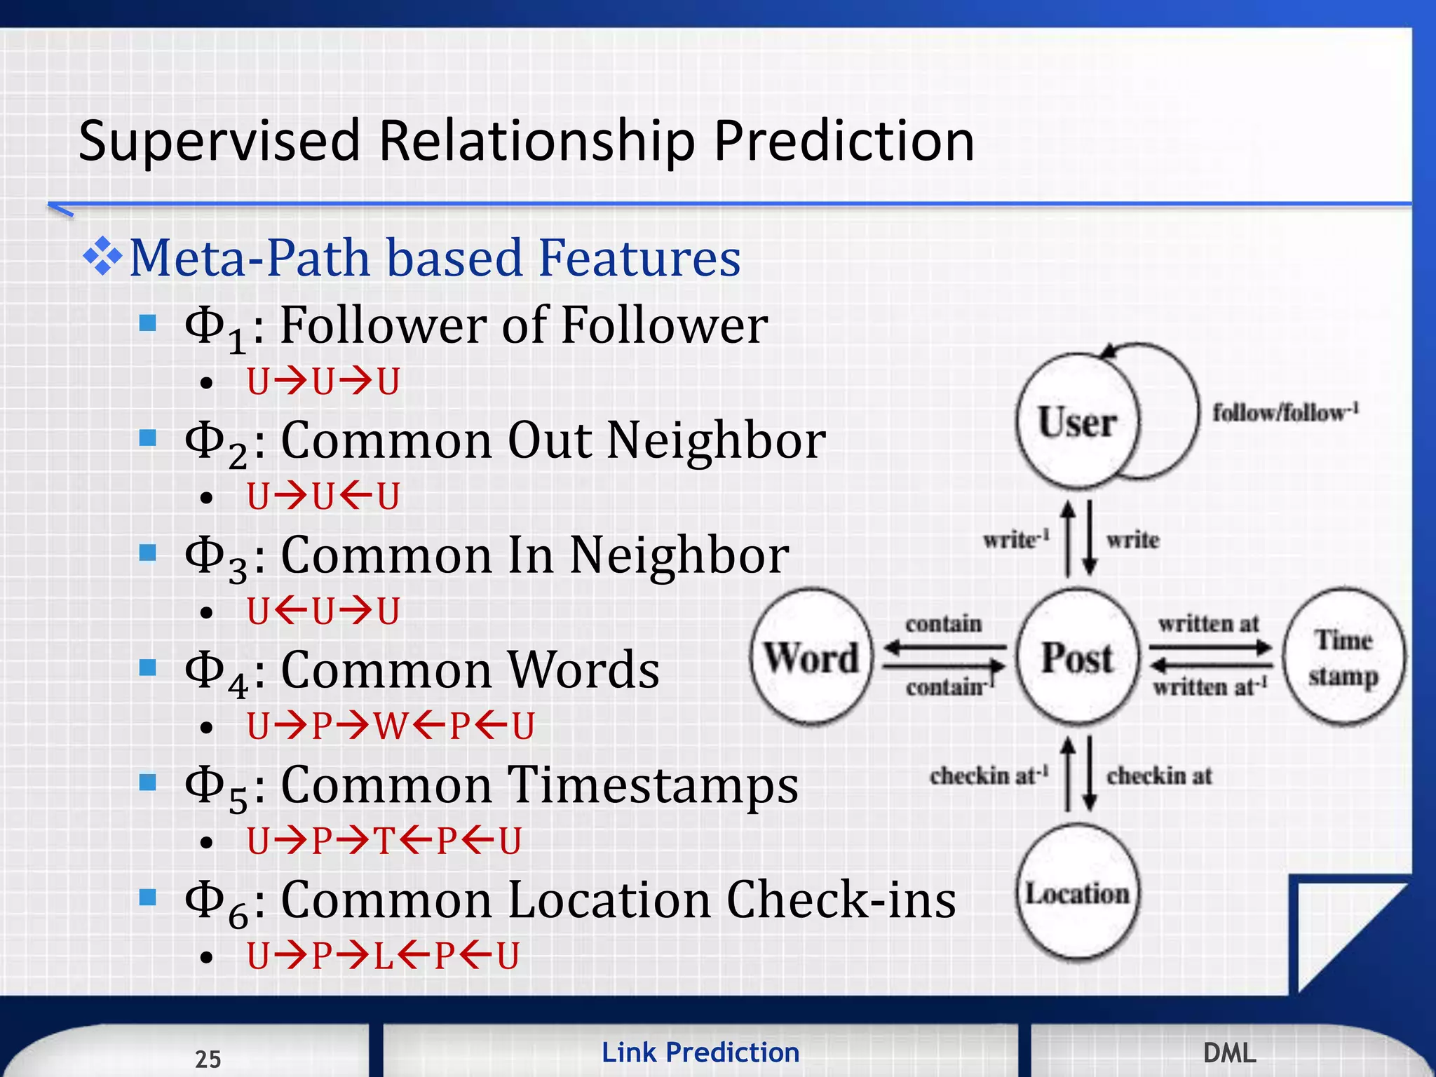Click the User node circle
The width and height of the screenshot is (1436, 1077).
tap(1078, 421)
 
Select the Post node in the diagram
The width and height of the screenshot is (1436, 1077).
tap(1078, 657)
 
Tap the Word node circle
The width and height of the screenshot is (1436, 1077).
tap(811, 657)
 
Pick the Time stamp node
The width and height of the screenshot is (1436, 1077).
tap(1343, 657)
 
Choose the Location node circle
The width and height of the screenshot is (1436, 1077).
tap(1078, 893)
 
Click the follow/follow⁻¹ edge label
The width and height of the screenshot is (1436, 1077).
tap(1285, 412)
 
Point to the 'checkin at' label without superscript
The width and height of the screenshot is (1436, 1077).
tap(1159, 775)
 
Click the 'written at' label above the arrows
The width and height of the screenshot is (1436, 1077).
tap(1208, 623)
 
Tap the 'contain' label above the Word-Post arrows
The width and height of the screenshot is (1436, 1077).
tap(943, 623)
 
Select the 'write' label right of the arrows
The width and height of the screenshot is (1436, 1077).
tap(1132, 540)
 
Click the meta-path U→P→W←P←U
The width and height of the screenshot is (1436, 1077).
tap(391, 726)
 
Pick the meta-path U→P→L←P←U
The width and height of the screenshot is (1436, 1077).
tap(383, 955)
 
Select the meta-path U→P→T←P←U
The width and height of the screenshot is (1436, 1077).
tap(384, 841)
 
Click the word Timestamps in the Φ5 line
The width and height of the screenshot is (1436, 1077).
tap(652, 785)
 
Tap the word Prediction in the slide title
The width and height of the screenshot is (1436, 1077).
tap(844, 141)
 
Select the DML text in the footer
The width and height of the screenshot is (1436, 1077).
tap(1229, 1052)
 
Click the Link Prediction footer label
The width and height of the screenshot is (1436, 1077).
tap(700, 1052)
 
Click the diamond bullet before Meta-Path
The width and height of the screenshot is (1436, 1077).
tap(102, 257)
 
